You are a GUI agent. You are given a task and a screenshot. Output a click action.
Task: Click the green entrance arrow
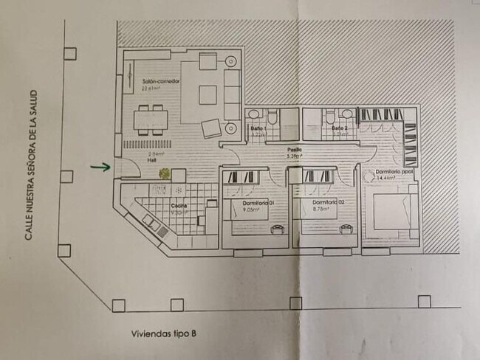[100, 167]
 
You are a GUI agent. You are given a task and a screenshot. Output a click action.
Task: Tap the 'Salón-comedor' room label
[160, 82]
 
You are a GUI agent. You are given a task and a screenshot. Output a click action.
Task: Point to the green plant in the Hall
[163, 173]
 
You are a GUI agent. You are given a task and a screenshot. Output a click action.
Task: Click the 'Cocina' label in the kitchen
[179, 205]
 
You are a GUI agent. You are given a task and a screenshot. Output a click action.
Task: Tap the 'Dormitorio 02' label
[323, 202]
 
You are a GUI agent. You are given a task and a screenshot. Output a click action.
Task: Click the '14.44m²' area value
[386, 179]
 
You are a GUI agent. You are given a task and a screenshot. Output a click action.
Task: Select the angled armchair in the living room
[212, 128]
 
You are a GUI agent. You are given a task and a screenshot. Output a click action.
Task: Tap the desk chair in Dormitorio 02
[344, 229]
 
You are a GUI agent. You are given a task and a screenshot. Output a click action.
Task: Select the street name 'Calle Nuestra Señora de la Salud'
[32, 175]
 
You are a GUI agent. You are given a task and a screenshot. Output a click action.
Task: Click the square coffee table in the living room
[208, 93]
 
